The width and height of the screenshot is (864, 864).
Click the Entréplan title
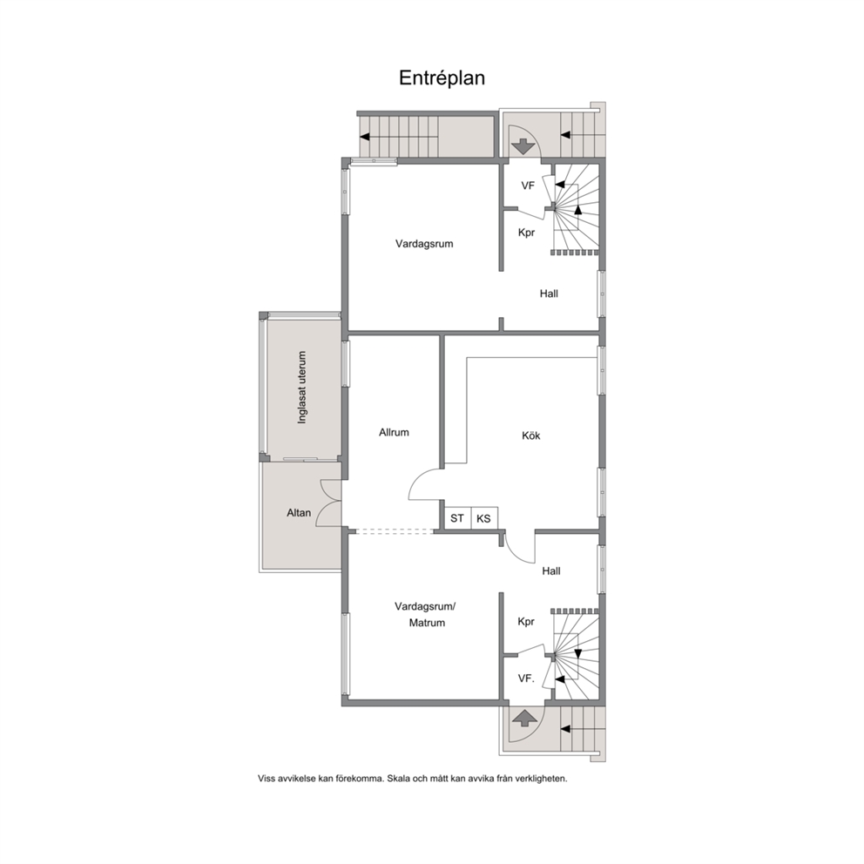click(x=442, y=78)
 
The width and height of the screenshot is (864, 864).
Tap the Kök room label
click(x=531, y=435)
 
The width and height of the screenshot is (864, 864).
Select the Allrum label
click(x=394, y=433)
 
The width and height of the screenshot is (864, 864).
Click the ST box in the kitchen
click(x=457, y=518)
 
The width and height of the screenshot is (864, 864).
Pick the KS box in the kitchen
click(x=483, y=518)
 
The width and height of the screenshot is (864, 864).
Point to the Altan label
click(x=299, y=513)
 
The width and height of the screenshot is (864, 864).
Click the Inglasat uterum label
click(x=301, y=388)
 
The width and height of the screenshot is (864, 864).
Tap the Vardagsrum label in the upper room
click(x=424, y=244)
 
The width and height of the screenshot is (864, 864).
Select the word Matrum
click(x=427, y=624)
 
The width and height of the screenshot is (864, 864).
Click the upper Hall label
click(x=549, y=294)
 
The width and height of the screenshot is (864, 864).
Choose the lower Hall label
click(x=551, y=571)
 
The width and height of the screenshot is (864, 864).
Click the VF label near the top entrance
click(x=528, y=186)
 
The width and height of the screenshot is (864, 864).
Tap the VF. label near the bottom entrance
click(x=526, y=678)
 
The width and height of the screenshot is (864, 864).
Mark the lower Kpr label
click(x=526, y=622)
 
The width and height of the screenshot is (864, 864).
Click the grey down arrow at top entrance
click(x=523, y=147)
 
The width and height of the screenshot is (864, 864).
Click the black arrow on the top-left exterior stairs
click(x=364, y=137)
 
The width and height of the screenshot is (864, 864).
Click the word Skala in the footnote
click(x=398, y=779)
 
